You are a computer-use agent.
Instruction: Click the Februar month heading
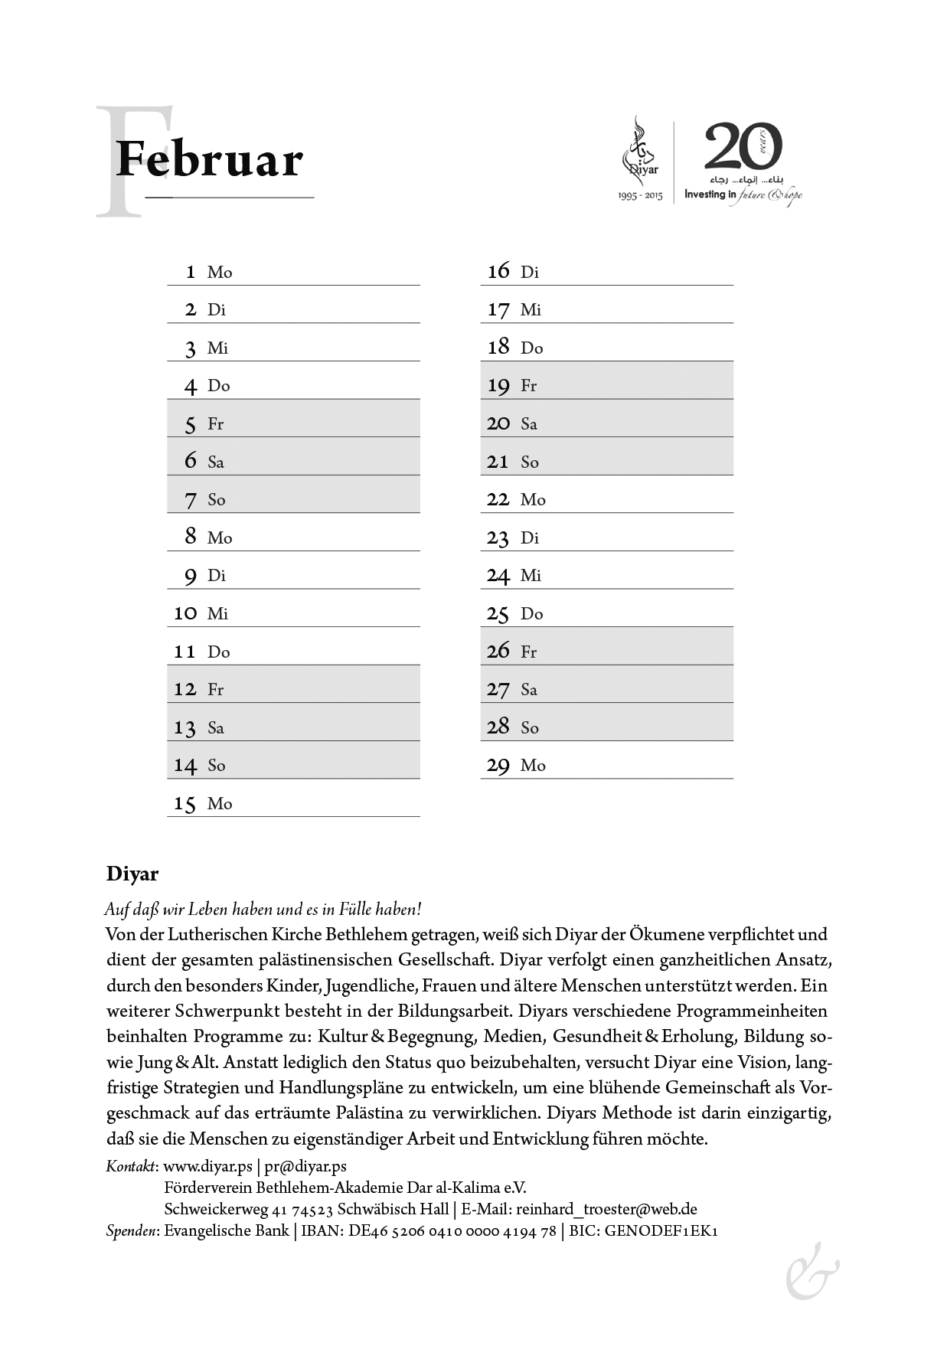208,159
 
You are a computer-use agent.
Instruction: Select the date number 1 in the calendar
191,272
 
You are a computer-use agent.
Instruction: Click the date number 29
498,765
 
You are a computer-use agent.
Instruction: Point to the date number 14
185,765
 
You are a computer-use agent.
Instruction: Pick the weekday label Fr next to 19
528,386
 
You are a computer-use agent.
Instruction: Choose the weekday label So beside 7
216,500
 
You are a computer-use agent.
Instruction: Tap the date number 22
498,499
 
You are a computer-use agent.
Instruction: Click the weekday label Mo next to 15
219,803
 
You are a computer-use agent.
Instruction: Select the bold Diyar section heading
132,874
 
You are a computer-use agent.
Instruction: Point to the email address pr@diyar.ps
305,1166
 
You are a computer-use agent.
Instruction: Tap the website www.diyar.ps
208,1166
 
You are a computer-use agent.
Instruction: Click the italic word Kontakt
132,1166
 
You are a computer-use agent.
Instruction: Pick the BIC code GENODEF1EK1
661,1230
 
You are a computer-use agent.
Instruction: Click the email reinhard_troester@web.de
606,1209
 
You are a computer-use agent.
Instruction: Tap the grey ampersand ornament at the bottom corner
812,1273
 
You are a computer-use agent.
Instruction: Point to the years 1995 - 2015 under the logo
640,196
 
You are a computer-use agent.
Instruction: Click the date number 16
498,271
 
